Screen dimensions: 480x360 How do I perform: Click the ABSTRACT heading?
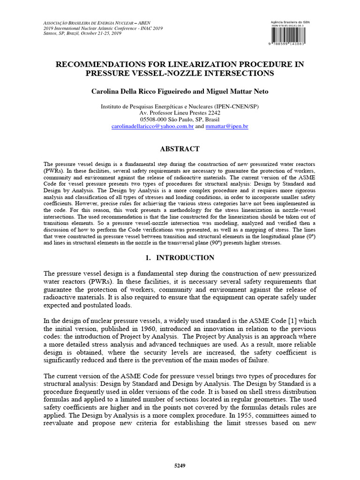click(180, 149)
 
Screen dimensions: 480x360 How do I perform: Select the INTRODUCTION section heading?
click(185, 258)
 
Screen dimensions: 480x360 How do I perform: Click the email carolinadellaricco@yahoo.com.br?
click(152, 127)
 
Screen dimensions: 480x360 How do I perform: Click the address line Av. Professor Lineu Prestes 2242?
click(180, 113)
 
